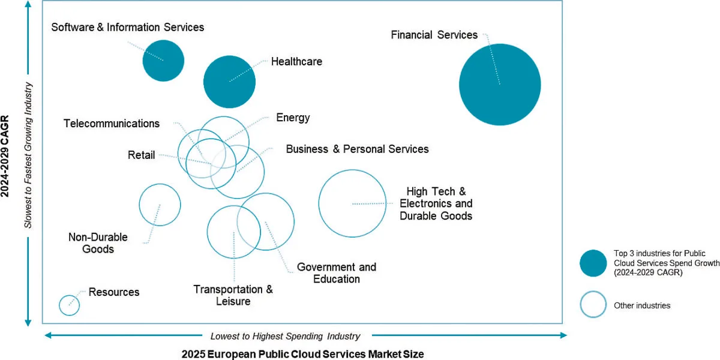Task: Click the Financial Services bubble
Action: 500,85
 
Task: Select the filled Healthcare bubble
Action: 229,82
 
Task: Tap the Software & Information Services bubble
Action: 163,60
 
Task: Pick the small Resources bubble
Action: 70,305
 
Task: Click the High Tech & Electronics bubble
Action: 352,203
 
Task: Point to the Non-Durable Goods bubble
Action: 160,205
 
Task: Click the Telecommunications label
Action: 112,124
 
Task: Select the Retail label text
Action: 141,155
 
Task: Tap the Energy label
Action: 293,118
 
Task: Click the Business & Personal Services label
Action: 357,149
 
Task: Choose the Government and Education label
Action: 337,273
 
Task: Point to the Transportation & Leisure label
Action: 233,295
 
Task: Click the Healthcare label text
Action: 296,61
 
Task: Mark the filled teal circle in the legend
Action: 593,263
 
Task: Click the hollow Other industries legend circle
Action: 593,305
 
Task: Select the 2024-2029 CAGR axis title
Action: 7,156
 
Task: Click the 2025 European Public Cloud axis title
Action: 302,354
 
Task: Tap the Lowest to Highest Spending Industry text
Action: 285,336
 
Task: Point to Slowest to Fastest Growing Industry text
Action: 28,155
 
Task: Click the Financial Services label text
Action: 434,35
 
